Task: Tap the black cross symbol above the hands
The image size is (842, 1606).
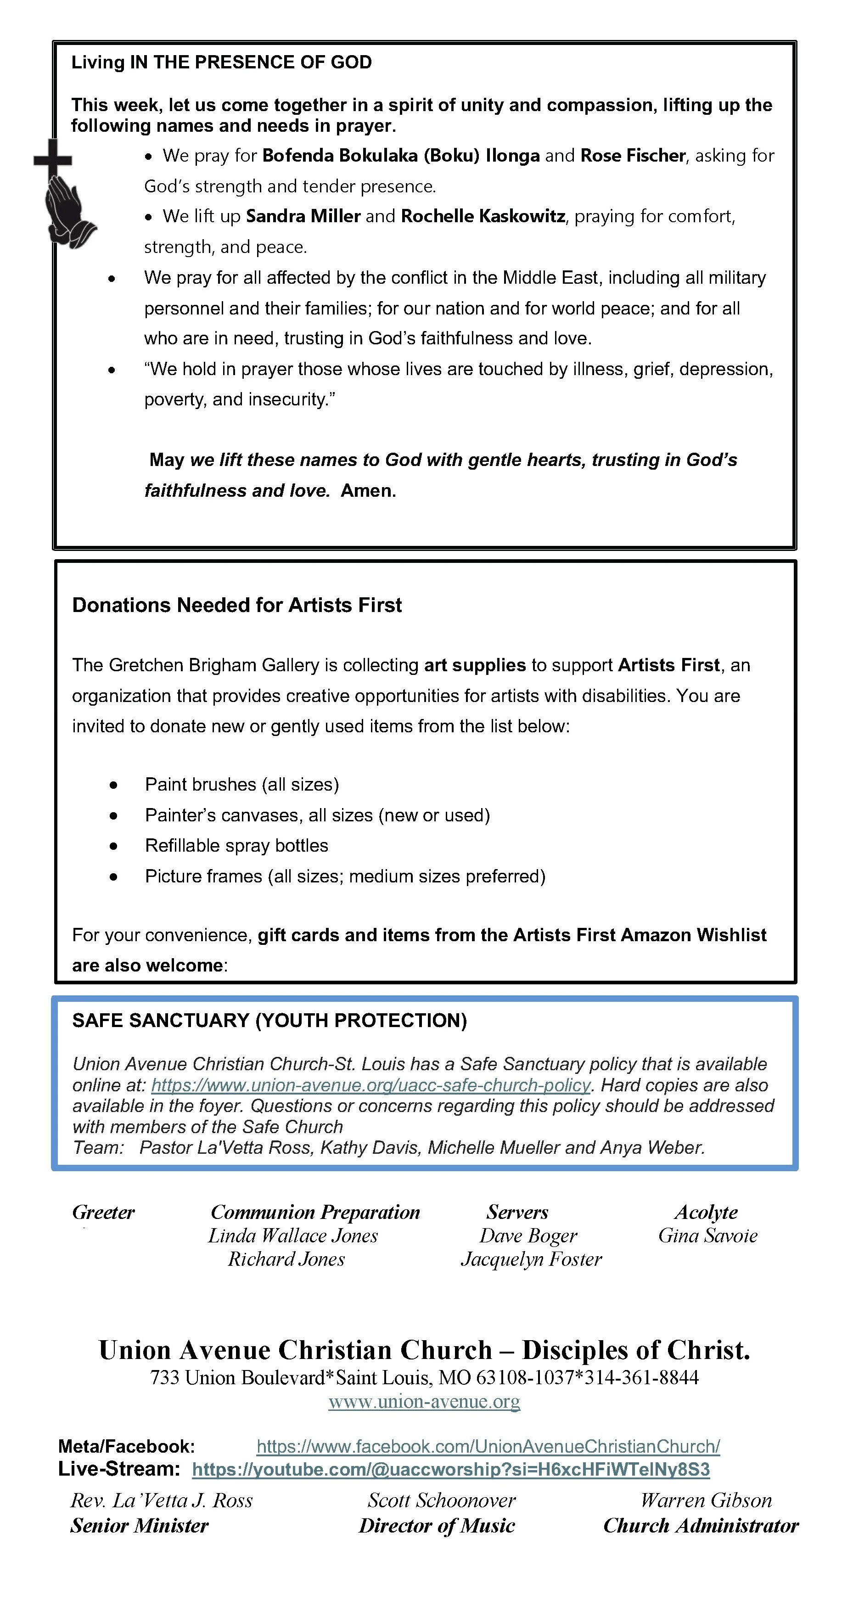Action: coord(53,159)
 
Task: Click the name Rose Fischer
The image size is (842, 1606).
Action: coord(633,155)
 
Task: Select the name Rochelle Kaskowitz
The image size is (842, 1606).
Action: coord(483,216)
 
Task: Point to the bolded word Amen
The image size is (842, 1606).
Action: coord(368,491)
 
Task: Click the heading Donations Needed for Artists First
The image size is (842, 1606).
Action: coord(237,605)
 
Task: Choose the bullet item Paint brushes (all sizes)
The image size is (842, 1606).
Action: coord(242,784)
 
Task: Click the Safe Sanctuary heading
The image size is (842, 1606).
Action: coord(269,1021)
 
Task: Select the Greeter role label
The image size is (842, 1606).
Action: coord(103,1213)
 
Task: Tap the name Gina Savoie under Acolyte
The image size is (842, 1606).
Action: coord(707,1235)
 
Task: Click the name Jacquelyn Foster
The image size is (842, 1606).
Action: coord(531,1259)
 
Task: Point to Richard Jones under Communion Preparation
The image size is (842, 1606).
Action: coord(286,1259)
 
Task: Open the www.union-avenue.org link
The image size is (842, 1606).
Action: coord(424,1402)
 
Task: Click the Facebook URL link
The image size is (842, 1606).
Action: coord(488,1446)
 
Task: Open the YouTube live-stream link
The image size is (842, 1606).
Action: coord(450,1470)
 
